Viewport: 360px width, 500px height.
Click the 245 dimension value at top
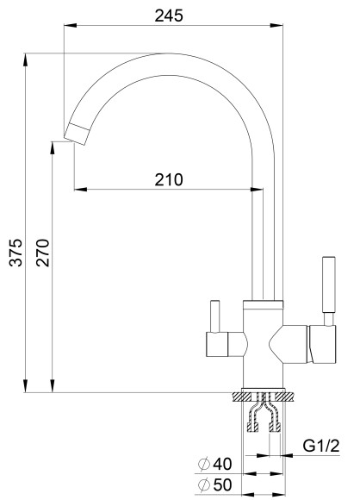tap(169, 16)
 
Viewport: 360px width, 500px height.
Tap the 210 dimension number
tap(169, 180)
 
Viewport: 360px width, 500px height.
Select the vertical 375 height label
tap(16, 253)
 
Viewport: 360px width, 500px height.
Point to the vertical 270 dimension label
tap(43, 253)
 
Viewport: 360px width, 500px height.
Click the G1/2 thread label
tap(321, 446)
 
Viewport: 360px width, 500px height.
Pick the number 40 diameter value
tap(222, 464)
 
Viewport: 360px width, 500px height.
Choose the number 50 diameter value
tap(222, 485)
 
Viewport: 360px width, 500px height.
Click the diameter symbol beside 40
tap(204, 464)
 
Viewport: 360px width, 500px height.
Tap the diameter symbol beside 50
tap(204, 485)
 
